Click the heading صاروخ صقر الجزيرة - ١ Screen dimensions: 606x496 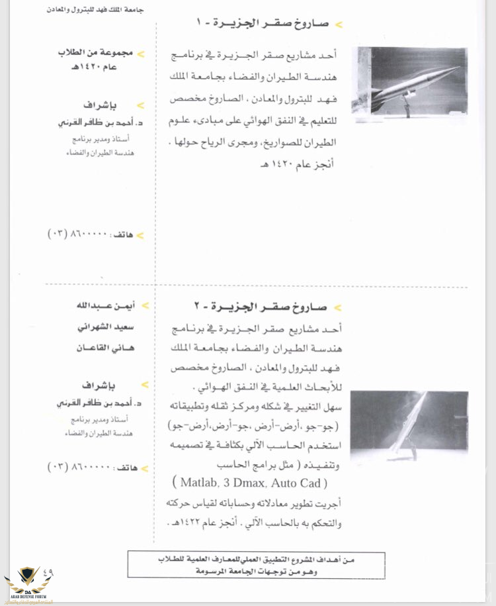[x=267, y=24]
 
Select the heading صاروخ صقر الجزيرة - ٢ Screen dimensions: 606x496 [x=267, y=308]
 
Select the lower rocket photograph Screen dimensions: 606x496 [x=409, y=426]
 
